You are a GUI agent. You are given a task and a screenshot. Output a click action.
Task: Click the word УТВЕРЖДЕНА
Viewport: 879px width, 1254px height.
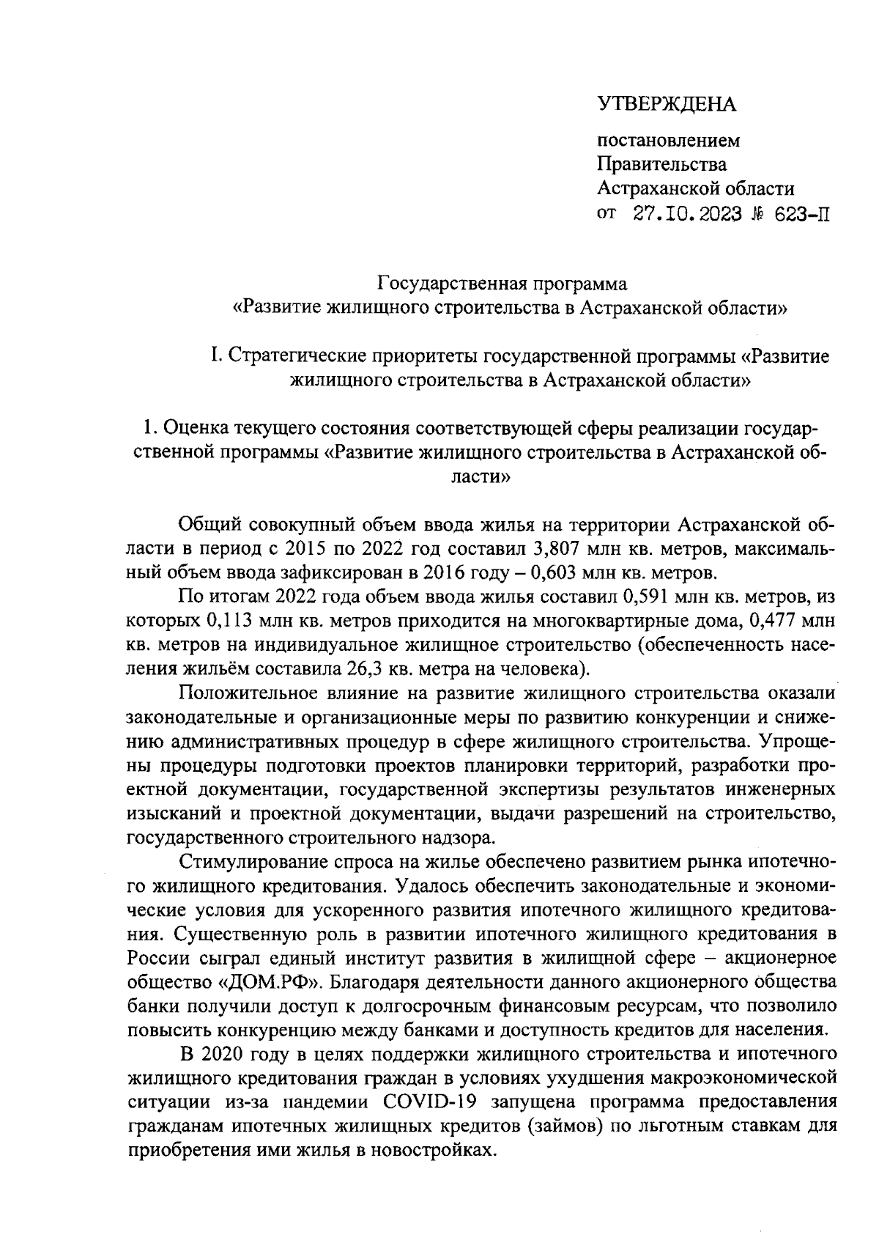[x=667, y=105]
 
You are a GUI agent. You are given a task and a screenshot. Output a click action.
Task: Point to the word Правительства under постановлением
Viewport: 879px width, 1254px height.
[x=662, y=164]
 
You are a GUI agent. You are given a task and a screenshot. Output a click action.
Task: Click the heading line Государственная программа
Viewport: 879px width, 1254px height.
[x=502, y=283]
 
